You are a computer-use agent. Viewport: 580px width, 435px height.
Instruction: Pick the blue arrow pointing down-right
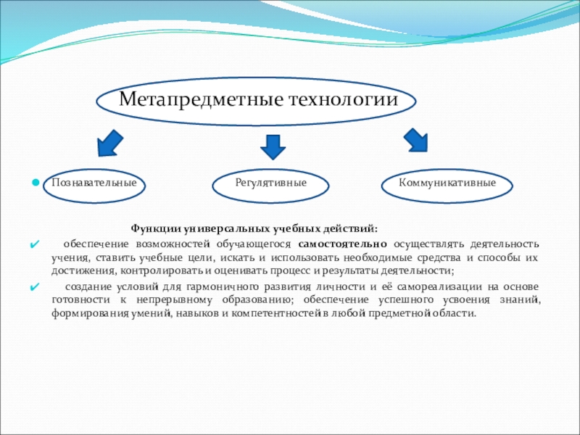(x=415, y=140)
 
